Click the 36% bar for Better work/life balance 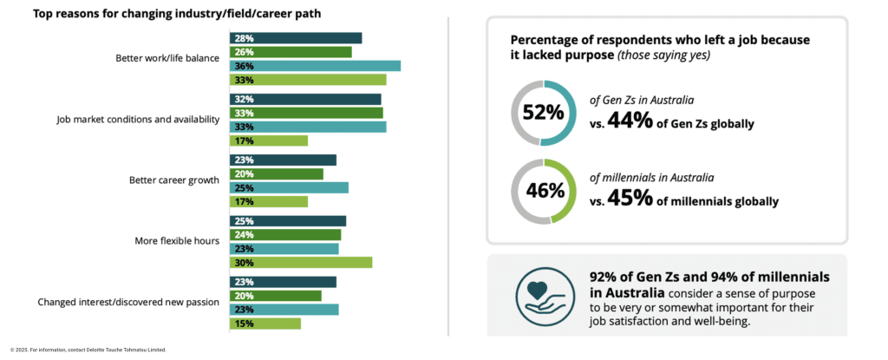(315, 66)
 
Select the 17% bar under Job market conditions (268, 141)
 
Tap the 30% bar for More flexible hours (300, 262)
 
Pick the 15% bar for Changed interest (264, 324)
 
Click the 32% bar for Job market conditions (305, 99)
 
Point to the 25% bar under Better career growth (289, 187)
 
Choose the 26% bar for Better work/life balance (291, 52)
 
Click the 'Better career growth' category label (173, 180)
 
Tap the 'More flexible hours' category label (177, 241)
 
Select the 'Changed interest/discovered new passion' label (128, 303)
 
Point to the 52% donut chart (543, 112)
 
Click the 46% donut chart (543, 191)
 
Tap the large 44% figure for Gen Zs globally (630, 121)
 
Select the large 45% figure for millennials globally (630, 199)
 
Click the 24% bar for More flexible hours (284, 234)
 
